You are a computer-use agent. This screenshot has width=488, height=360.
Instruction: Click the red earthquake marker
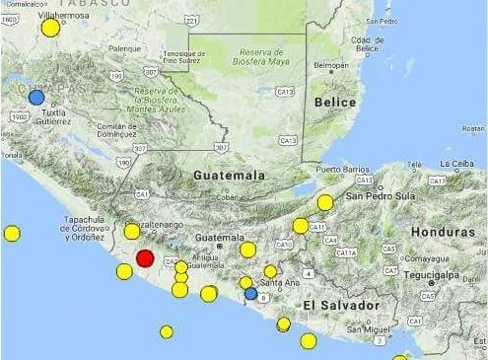click(145, 258)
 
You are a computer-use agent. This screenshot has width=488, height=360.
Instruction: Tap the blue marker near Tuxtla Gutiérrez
click(36, 97)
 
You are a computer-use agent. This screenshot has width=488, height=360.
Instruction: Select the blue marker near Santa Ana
click(250, 293)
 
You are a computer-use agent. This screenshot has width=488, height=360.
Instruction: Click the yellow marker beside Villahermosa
click(50, 29)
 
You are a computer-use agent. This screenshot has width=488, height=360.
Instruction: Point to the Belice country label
click(334, 102)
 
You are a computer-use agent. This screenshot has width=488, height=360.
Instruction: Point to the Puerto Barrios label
click(342, 170)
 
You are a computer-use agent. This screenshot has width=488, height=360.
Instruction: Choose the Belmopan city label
click(330, 66)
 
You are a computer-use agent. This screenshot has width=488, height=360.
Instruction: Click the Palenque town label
click(124, 47)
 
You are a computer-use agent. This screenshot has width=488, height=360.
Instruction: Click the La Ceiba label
click(458, 163)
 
